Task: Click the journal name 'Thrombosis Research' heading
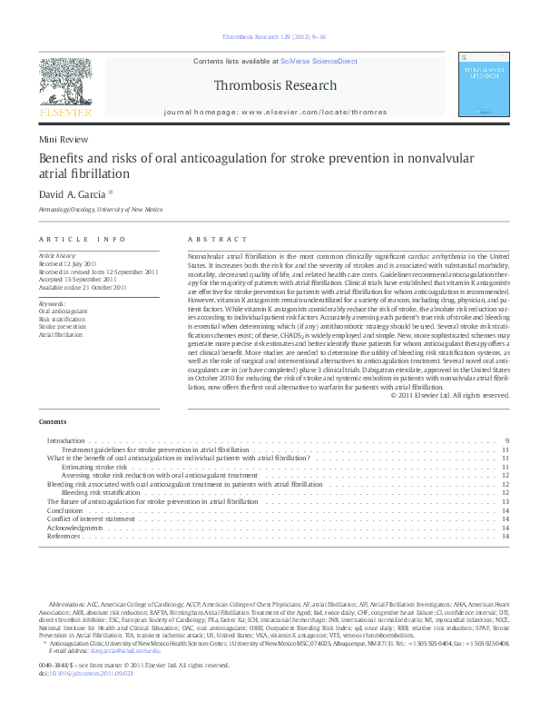[275, 86]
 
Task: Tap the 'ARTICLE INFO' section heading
[82, 239]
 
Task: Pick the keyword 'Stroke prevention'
[56, 326]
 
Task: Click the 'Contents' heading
[53, 422]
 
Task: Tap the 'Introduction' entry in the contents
[65, 440]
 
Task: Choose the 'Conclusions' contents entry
[64, 510]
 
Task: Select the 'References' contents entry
[64, 537]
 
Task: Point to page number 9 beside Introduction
[506, 440]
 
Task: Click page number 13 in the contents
[505, 501]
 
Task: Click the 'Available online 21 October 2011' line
[83, 287]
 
